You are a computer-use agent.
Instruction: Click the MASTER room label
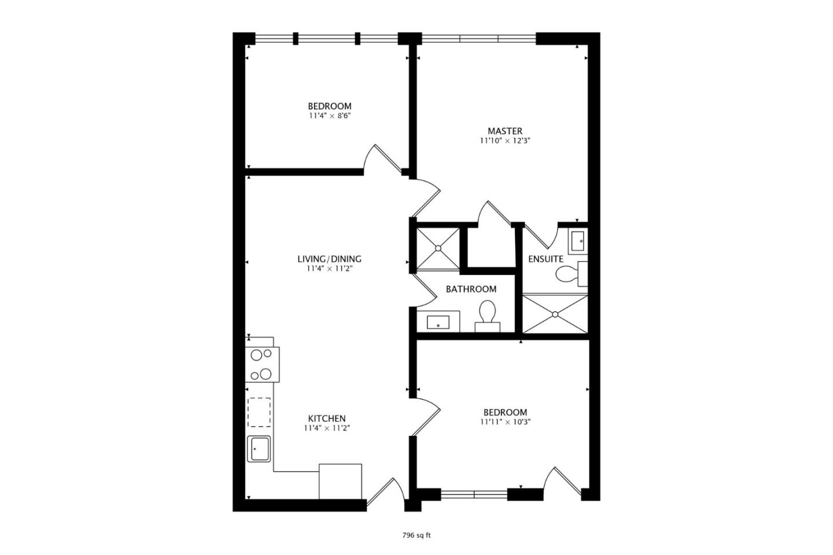pyautogui.click(x=504, y=131)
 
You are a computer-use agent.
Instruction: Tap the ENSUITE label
pyautogui.click(x=545, y=259)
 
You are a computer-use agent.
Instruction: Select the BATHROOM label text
pyautogui.click(x=471, y=289)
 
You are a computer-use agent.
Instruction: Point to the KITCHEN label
pyautogui.click(x=326, y=418)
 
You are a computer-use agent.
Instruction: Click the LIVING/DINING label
pyautogui.click(x=329, y=259)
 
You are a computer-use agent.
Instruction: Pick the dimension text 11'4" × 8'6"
pyautogui.click(x=329, y=116)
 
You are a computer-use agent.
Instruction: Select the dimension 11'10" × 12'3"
pyautogui.click(x=504, y=141)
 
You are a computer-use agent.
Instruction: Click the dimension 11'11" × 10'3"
pyautogui.click(x=505, y=422)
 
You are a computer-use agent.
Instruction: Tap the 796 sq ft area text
pyautogui.click(x=417, y=535)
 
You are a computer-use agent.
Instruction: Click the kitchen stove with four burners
pyautogui.click(x=262, y=365)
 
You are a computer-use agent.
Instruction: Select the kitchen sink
pyautogui.click(x=259, y=449)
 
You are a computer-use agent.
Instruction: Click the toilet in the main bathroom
pyautogui.click(x=487, y=317)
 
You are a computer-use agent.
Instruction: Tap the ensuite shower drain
pyautogui.click(x=555, y=314)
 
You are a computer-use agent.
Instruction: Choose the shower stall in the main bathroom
pyautogui.click(x=438, y=248)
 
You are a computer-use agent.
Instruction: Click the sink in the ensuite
pyautogui.click(x=578, y=241)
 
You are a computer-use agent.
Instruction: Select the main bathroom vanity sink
pyautogui.click(x=438, y=322)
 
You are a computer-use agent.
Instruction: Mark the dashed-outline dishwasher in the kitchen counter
pyautogui.click(x=259, y=412)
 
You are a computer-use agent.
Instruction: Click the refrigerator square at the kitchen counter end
pyautogui.click(x=340, y=481)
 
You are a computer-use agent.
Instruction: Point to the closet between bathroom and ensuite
pyautogui.click(x=491, y=247)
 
